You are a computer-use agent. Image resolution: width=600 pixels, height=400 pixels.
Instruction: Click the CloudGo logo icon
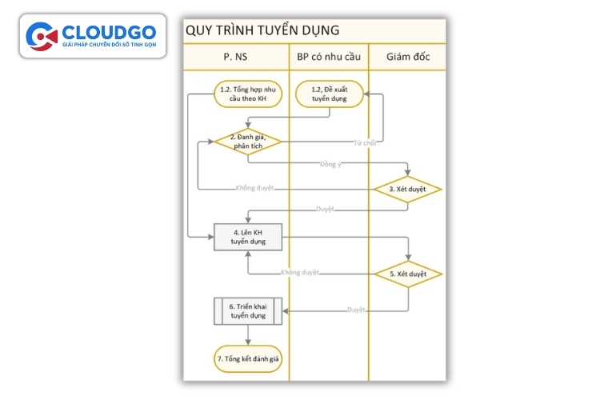coord(41,36)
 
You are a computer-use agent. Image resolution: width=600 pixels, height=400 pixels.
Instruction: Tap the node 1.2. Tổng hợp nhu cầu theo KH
coord(247,94)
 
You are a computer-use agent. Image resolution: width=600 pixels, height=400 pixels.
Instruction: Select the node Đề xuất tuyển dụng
coord(329,94)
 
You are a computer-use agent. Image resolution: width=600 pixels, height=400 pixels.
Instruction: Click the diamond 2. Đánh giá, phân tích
coord(248,142)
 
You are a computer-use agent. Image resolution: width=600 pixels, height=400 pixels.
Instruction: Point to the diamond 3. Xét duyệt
coord(408,189)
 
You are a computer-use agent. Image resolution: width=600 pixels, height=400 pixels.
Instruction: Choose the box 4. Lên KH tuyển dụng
coord(247,237)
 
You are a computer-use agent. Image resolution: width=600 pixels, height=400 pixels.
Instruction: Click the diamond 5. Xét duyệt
coord(408,274)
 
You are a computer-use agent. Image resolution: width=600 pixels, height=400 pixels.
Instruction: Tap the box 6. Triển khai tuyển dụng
coord(247,311)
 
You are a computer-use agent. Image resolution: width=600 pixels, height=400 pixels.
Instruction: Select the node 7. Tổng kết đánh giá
coord(247,359)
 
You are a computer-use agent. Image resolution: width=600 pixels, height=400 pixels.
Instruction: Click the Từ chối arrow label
coord(364,143)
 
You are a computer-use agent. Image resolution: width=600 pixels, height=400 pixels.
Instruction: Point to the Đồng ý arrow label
coord(329,164)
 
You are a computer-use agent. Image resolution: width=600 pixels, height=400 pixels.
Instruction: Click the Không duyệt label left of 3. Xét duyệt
coord(254,188)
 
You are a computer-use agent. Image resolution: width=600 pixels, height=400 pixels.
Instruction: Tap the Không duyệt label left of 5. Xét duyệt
coord(299,273)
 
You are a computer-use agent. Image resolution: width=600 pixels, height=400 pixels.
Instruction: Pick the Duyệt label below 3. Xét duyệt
coord(325,209)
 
